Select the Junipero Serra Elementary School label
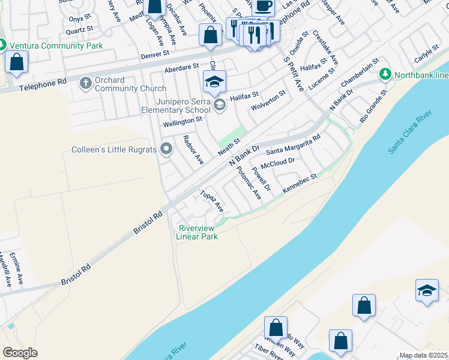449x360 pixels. [x=174, y=106]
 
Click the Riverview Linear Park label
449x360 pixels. [x=197, y=232]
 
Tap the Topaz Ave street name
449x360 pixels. [x=212, y=202]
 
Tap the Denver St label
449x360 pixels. [x=155, y=54]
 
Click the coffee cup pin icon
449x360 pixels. [x=262, y=7]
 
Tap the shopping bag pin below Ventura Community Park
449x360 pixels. [x=17, y=62]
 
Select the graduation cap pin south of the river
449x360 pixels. [x=427, y=291]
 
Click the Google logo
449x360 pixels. [x=20, y=352]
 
